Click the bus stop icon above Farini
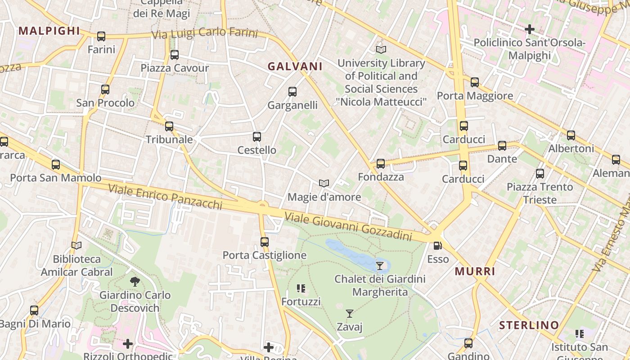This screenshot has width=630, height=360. (x=101, y=36)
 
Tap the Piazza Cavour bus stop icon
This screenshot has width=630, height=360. (x=175, y=55)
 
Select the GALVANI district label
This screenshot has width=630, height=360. (x=295, y=66)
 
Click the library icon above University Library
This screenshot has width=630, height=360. (x=381, y=49)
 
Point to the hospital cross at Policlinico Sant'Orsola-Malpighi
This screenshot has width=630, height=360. (x=530, y=30)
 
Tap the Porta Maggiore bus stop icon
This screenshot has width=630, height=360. (x=475, y=82)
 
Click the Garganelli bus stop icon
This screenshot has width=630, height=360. (x=292, y=92)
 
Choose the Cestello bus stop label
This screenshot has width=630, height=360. (x=257, y=150)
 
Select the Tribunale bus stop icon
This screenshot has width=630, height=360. (x=169, y=126)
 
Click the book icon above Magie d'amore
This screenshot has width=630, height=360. (x=324, y=183)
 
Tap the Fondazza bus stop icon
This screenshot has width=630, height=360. (x=381, y=164)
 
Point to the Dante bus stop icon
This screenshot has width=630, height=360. (x=502, y=146)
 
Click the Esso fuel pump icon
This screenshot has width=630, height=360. (x=437, y=246)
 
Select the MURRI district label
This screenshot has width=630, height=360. (x=475, y=271)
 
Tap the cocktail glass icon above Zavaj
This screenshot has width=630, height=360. (x=349, y=313)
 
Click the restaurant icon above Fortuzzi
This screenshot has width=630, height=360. (x=301, y=288)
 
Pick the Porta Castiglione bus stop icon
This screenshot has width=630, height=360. (x=265, y=242)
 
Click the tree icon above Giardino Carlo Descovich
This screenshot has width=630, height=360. (x=135, y=282)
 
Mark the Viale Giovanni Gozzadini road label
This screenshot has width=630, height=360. (x=348, y=228)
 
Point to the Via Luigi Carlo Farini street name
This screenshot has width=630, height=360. (x=205, y=34)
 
